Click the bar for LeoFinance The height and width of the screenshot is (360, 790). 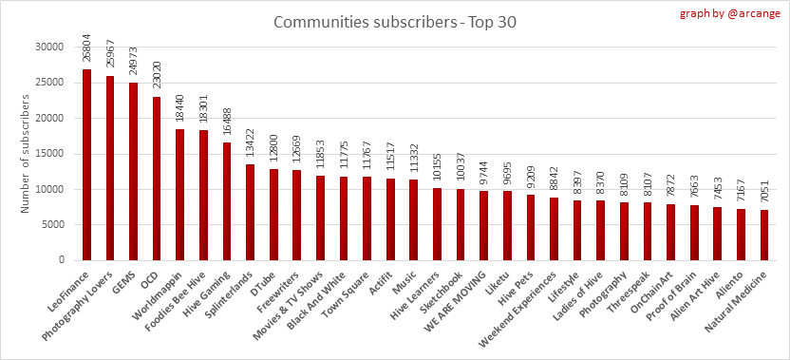(x=86, y=165)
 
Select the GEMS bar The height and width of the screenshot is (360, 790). (x=133, y=171)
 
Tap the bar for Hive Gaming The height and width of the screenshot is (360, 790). (x=227, y=201)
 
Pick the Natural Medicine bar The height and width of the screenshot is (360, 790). (x=764, y=236)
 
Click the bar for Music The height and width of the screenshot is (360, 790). (x=414, y=219)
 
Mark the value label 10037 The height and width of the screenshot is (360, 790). (x=461, y=169)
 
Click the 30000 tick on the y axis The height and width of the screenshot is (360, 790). (x=51, y=47)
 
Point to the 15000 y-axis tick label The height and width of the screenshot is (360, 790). (x=51, y=154)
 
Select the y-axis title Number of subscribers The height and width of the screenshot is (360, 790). (x=26, y=152)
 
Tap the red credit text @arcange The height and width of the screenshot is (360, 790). (x=756, y=13)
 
